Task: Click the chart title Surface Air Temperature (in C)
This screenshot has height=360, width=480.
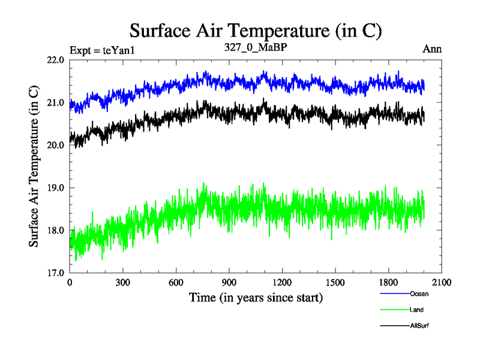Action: [256, 30]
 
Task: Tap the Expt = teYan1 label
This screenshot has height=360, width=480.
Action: [103, 50]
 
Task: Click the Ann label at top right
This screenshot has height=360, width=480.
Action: [432, 49]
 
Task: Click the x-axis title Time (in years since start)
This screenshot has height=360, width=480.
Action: [256, 297]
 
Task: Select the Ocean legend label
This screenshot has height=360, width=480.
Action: [419, 294]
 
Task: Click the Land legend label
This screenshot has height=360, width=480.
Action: [416, 310]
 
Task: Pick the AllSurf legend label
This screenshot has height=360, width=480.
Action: [419, 325]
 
